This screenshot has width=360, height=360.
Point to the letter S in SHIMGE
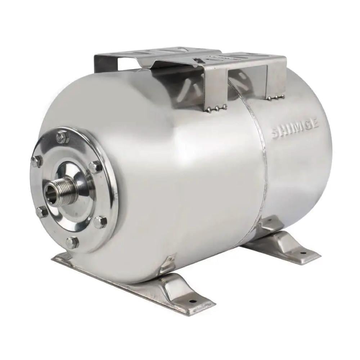276,134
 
